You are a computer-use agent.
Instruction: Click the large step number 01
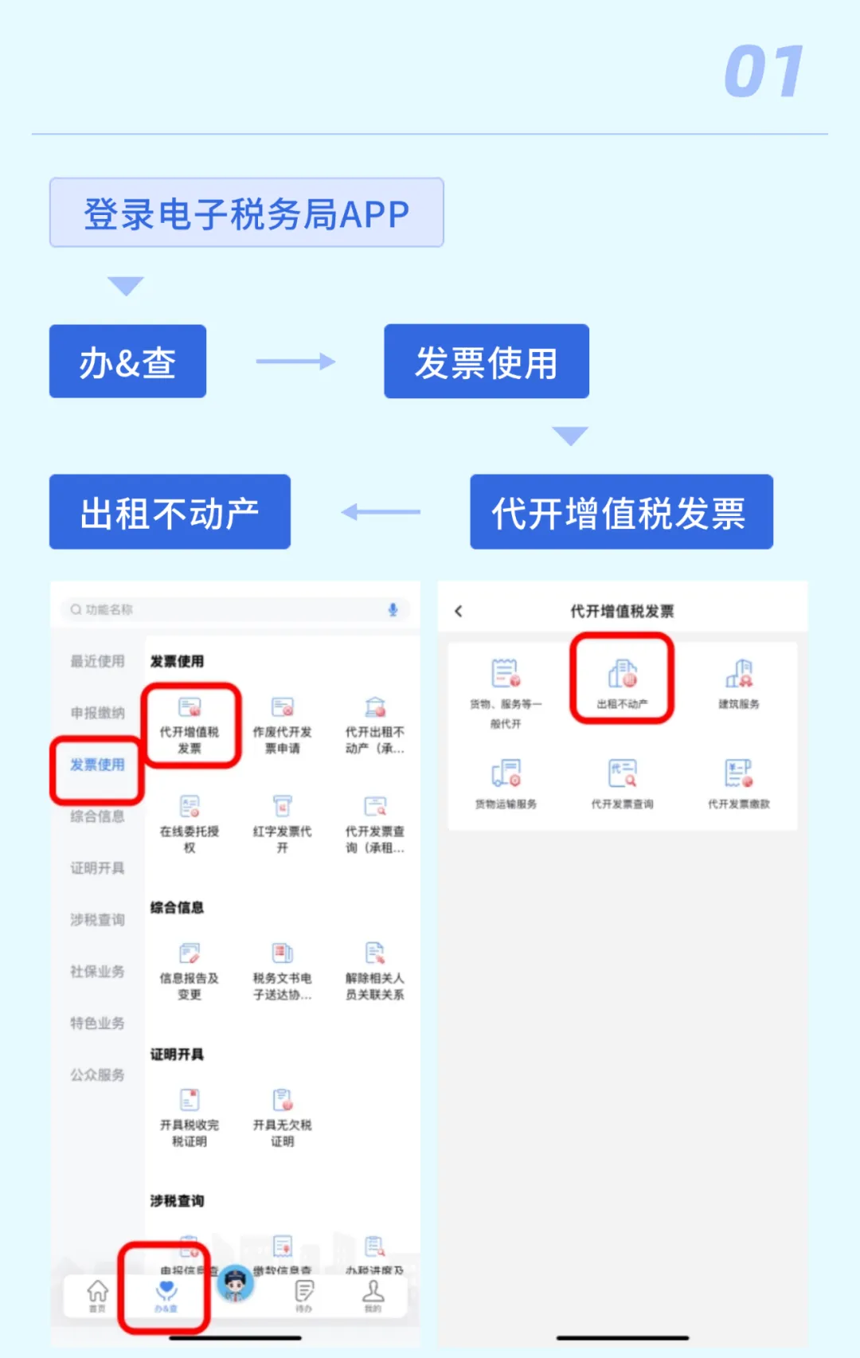(763, 72)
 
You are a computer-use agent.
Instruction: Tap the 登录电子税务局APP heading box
(247, 213)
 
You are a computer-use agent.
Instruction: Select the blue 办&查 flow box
(127, 362)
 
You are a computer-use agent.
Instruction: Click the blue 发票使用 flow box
(486, 362)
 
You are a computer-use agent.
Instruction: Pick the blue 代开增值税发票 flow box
(620, 512)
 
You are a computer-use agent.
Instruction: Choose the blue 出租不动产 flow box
(170, 512)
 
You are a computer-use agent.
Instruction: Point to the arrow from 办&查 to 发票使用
(295, 362)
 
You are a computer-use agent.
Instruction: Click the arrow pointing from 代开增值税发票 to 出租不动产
(381, 512)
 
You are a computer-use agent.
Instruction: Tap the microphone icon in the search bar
(393, 609)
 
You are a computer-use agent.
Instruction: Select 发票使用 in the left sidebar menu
(97, 765)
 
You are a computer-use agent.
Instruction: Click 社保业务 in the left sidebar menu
(97, 971)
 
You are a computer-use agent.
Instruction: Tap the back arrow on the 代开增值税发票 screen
(458, 611)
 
